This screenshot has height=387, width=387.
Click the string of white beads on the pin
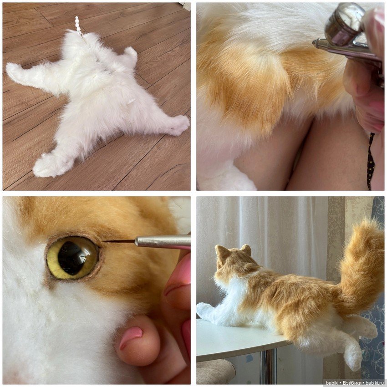click(x=78, y=26)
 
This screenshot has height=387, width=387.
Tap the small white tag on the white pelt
click(x=131, y=101)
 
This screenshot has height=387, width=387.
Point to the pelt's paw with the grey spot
click(x=177, y=125)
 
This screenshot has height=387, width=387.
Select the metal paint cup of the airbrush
click(x=344, y=23)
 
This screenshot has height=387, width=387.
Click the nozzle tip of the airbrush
click(x=315, y=43)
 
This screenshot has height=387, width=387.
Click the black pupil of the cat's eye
click(x=71, y=258)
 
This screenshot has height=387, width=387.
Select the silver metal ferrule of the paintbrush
click(x=163, y=241)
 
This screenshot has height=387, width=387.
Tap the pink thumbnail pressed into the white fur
click(x=131, y=335)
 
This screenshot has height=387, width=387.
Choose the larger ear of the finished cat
click(x=223, y=255)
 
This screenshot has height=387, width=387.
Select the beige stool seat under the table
click(x=215, y=372)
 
